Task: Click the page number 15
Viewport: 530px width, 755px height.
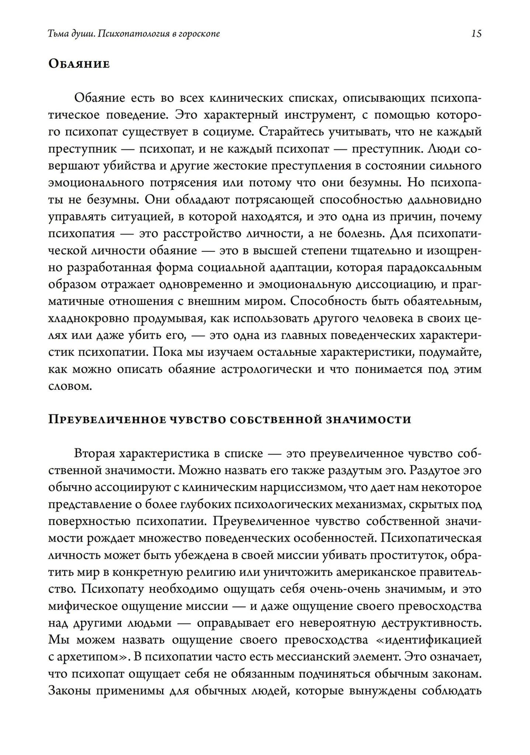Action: tap(476, 34)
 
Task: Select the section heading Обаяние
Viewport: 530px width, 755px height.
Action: tap(79, 64)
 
